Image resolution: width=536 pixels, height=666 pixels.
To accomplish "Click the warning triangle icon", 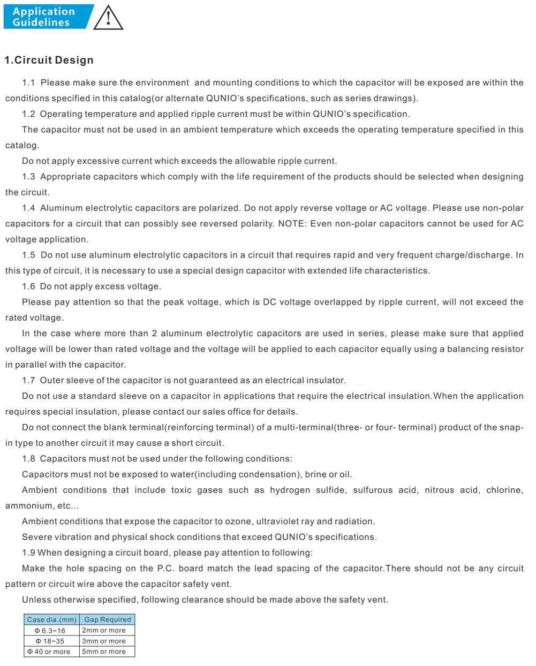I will tap(108, 18).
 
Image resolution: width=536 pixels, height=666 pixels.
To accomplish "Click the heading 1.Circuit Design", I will tap(49, 60).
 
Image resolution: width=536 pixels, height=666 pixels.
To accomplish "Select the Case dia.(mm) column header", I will tap(52, 619).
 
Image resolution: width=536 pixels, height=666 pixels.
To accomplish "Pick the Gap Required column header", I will tap(108, 619).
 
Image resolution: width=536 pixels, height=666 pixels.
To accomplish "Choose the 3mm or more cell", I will tap(104, 641).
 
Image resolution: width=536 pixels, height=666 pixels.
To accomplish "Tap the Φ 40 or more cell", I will tap(49, 652).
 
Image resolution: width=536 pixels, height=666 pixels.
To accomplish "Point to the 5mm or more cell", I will tap(104, 652).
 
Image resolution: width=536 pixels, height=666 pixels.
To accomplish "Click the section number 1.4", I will tap(28, 208).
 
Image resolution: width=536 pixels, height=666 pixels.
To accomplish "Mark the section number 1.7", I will tap(28, 380).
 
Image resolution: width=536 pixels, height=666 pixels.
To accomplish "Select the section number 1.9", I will tap(28, 553).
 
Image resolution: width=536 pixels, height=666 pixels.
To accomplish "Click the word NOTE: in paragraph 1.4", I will tap(291, 224).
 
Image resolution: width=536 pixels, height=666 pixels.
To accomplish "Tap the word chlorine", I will tap(504, 490).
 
